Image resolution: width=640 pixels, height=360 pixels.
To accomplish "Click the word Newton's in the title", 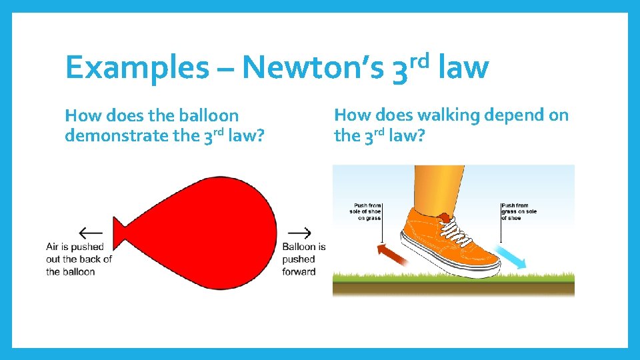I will (314, 68).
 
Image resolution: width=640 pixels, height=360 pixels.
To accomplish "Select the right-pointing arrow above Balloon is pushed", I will (299, 233).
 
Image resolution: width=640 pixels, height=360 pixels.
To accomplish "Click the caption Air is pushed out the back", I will (79, 259).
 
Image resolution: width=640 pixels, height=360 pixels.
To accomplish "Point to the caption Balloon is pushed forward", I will (303, 259).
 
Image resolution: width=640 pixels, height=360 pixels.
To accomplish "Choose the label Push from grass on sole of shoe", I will (519, 212).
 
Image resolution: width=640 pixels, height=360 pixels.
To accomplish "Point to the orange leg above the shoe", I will (437, 187).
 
